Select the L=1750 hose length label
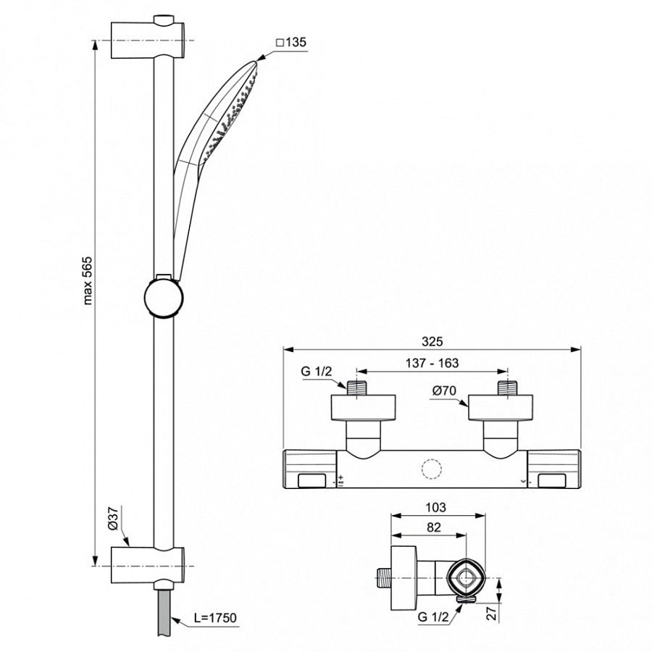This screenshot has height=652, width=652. [216, 618]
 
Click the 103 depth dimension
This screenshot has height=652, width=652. [437, 508]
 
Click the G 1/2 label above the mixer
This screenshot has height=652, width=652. [316, 372]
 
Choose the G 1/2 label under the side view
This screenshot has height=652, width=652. [432, 617]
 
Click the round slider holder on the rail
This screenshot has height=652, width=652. [164, 298]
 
